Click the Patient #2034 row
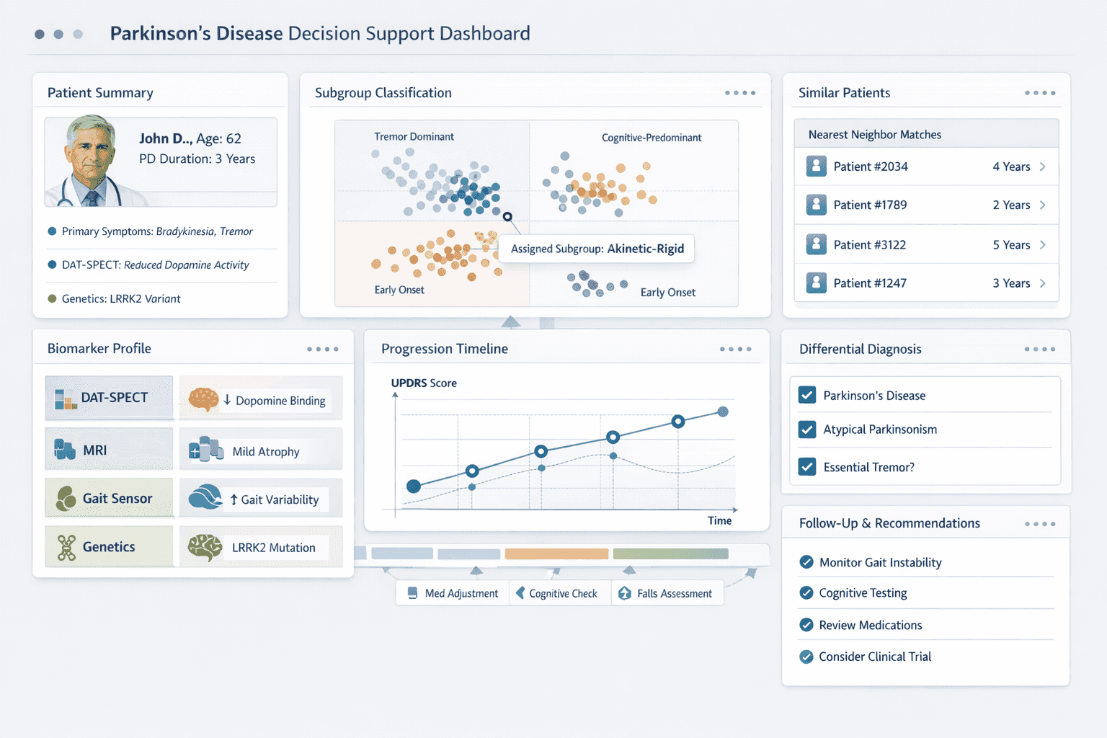pyautogui.click(x=925, y=166)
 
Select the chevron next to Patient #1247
pyautogui.click(x=1042, y=283)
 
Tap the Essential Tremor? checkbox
pyautogui.click(x=807, y=467)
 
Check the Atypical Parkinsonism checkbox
pyautogui.click(x=807, y=430)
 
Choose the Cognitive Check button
pyautogui.click(x=559, y=593)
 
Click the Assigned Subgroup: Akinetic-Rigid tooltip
pyautogui.click(x=597, y=249)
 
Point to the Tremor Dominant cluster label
pyautogui.click(x=414, y=137)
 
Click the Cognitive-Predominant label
pyautogui.click(x=651, y=138)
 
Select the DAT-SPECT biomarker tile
pyautogui.click(x=109, y=398)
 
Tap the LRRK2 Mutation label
pyautogui.click(x=273, y=548)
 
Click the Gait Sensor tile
pyautogui.click(x=109, y=498)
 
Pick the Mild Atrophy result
pyautogui.click(x=265, y=452)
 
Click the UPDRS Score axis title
pyautogui.click(x=424, y=383)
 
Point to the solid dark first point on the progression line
pyautogui.click(x=414, y=486)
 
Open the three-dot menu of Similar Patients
pyautogui.click(x=1040, y=93)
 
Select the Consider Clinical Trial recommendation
pyautogui.click(x=874, y=657)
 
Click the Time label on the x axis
pyautogui.click(x=719, y=520)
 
